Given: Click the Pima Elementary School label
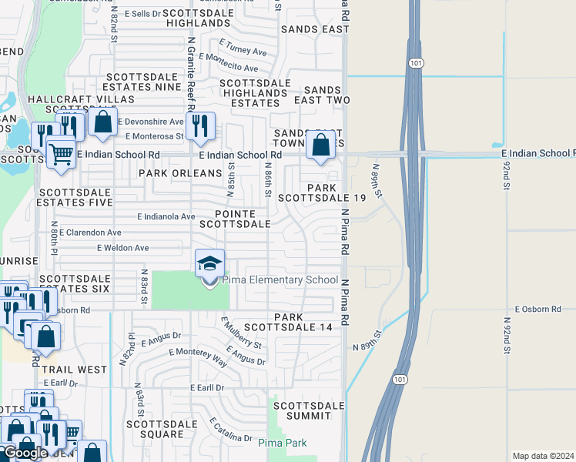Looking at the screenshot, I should [x=280, y=280].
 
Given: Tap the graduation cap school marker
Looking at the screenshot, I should [x=209, y=265].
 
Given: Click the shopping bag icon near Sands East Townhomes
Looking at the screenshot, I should [x=320, y=144].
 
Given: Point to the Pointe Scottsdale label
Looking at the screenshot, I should [x=235, y=219].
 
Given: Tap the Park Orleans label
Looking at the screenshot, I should [x=173, y=174].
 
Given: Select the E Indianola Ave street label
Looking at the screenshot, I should [x=166, y=217].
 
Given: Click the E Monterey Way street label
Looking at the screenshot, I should [x=198, y=356].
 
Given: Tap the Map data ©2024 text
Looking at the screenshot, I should [x=543, y=456].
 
